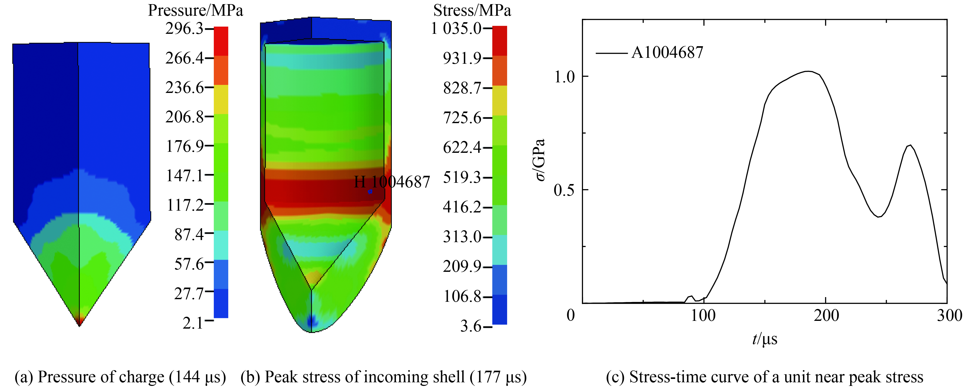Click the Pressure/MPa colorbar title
[195, 11]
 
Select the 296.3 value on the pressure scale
[184, 29]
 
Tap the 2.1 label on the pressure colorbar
[193, 323]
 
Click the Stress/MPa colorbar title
[472, 11]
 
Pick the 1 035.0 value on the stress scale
[456, 29]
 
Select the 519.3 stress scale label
[462, 177]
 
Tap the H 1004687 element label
[392, 182]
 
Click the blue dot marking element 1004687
[370, 192]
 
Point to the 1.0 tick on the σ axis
[564, 77]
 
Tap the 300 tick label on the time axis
[949, 315]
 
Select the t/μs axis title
[765, 339]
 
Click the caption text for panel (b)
[383, 377]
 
